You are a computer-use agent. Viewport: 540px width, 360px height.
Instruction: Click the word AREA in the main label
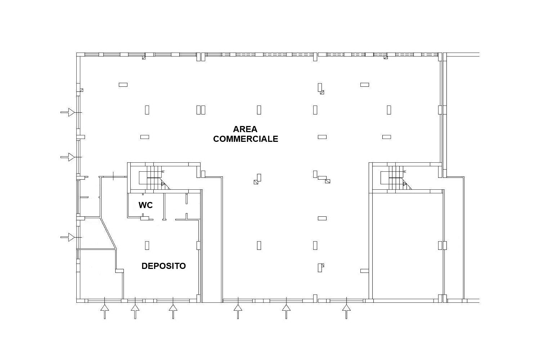[245, 129]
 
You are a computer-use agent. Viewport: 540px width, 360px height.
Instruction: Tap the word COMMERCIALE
[246, 139]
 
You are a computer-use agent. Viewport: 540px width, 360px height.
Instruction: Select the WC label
[145, 205]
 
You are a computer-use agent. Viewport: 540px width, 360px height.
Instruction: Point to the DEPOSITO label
[164, 266]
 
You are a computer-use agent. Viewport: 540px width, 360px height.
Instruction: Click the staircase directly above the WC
[154, 178]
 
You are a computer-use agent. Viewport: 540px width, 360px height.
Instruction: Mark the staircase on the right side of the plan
[396, 178]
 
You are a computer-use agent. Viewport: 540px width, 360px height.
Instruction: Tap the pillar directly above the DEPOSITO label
[147, 246]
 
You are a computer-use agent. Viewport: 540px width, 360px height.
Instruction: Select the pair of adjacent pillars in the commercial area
[201, 110]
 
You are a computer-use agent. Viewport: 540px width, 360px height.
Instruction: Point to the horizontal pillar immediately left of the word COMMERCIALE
[145, 137]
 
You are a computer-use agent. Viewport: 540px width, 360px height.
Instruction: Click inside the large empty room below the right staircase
[408, 246]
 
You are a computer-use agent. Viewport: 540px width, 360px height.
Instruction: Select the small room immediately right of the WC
[182, 206]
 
